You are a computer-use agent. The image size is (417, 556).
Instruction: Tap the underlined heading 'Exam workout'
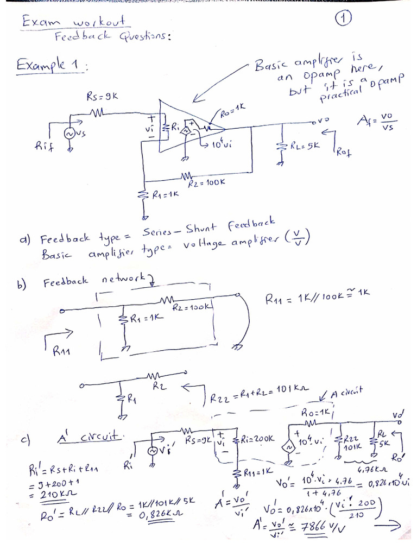click(74, 22)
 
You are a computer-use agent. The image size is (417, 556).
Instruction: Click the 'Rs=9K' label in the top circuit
click(102, 96)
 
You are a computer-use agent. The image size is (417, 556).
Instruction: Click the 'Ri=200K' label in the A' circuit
click(257, 439)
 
